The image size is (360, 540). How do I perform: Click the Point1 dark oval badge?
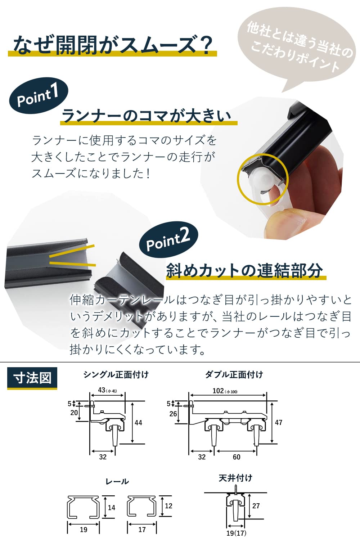[39, 96]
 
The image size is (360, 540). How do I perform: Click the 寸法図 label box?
[32, 378]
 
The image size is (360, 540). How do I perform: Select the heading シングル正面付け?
[116, 375]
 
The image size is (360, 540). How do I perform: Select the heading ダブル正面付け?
[234, 375]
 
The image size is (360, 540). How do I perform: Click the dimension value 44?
[138, 423]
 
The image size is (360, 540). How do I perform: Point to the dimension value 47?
[279, 422]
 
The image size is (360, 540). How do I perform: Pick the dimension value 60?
[237, 457]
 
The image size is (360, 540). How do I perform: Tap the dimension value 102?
[218, 391]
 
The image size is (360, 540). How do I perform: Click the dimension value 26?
[173, 414]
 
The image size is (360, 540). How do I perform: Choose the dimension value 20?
[74, 413]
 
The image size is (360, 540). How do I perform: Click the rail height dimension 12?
[168, 506]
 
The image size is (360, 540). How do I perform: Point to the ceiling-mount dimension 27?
[256, 506]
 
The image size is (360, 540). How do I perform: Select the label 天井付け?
[235, 478]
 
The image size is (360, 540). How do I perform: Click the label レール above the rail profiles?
[117, 482]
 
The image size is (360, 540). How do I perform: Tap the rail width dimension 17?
[142, 530]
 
